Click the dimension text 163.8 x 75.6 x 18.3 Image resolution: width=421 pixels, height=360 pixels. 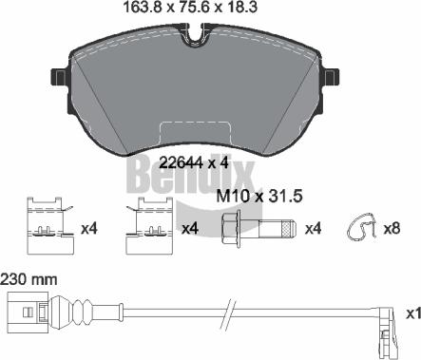pyautogui.click(x=189, y=8)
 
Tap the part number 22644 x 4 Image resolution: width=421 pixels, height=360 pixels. pyautogui.click(x=194, y=163)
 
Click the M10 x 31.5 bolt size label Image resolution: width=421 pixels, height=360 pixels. pyautogui.click(x=259, y=197)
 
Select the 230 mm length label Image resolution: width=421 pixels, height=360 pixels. pyautogui.click(x=29, y=280)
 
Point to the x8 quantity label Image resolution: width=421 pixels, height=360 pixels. pyautogui.click(x=392, y=228)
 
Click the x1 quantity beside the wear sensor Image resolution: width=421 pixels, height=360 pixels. pyautogui.click(x=413, y=313)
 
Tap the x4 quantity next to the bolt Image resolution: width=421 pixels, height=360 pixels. pyautogui.click(x=313, y=228)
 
